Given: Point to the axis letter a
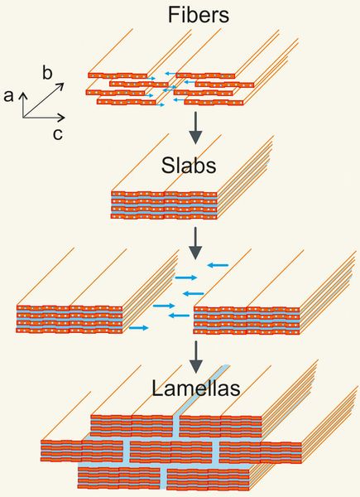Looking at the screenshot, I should [9, 97].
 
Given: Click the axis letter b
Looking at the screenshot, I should [48, 74].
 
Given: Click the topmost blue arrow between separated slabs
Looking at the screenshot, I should [218, 265].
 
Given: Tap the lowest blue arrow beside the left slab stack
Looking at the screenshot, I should [139, 328].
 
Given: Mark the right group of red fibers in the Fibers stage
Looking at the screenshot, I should [211, 87].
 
